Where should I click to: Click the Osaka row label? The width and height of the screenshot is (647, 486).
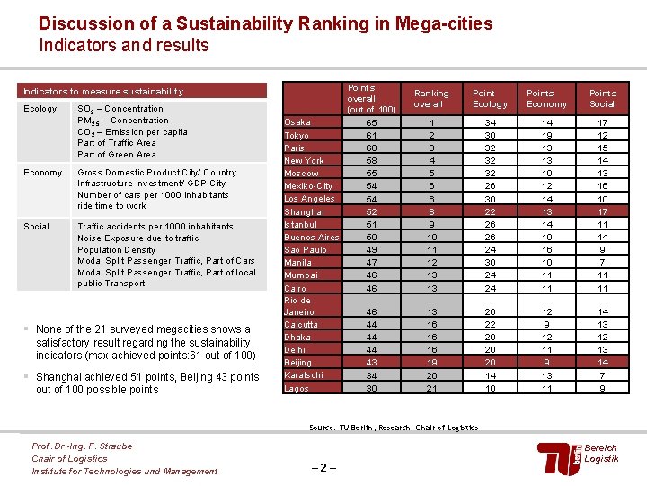tap(297, 122)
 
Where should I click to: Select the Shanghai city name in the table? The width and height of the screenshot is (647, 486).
tap(303, 211)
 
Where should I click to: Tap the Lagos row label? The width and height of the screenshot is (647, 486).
tap(297, 389)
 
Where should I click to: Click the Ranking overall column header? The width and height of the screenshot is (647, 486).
tap(431, 98)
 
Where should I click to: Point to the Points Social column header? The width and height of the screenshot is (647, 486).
tap(602, 98)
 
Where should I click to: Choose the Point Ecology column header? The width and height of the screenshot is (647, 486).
tap(490, 98)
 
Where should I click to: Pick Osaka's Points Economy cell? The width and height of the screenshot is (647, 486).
tap(546, 122)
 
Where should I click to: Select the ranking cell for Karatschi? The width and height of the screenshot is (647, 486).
tap(431, 375)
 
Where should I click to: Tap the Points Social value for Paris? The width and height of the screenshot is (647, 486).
tap(602, 148)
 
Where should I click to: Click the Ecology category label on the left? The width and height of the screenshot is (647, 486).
tap(40, 109)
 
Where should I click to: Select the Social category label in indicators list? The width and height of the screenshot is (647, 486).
tap(37, 227)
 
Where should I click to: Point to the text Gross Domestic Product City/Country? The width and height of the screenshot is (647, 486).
tap(157, 172)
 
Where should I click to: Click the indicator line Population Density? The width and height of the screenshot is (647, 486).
tap(118, 249)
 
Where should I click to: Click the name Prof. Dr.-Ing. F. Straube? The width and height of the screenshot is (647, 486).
tap(82, 446)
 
